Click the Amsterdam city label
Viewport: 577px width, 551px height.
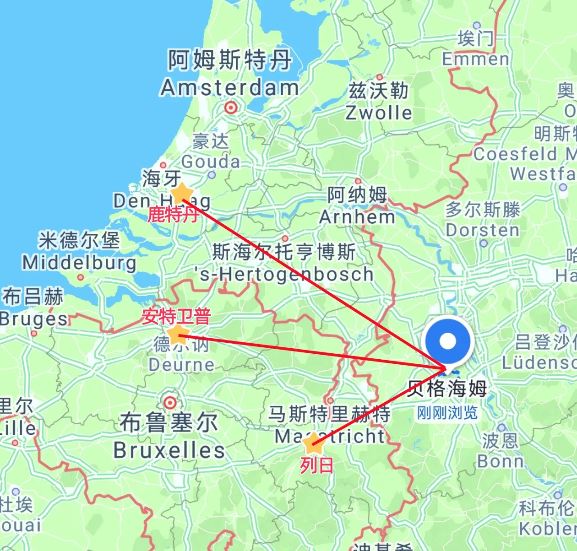coord(229,87)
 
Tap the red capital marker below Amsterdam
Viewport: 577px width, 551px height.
coord(231,108)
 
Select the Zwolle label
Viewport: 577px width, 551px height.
coord(379,113)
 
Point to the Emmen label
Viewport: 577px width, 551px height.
coord(475,59)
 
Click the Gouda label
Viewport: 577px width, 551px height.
coord(211,162)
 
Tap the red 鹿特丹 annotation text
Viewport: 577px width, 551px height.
coord(173,214)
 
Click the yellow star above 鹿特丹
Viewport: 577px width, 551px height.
coord(181,193)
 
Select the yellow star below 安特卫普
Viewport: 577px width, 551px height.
coord(178,335)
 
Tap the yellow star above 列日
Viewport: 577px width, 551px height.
coord(313,443)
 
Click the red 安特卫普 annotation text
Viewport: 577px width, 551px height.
coord(176,316)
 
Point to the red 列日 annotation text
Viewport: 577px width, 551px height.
coord(316,466)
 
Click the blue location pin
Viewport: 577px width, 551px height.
coord(447,341)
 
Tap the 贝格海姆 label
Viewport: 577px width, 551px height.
coord(447,389)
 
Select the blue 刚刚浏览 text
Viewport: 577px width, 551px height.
coord(447,413)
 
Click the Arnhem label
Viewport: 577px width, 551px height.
coord(357,217)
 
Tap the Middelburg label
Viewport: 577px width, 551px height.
coord(80,263)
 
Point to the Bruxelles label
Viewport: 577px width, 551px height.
coord(169,450)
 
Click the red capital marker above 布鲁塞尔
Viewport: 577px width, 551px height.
coord(170,403)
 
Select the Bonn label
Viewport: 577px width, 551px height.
coord(501,461)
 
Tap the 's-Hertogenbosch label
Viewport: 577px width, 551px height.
coord(284,274)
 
